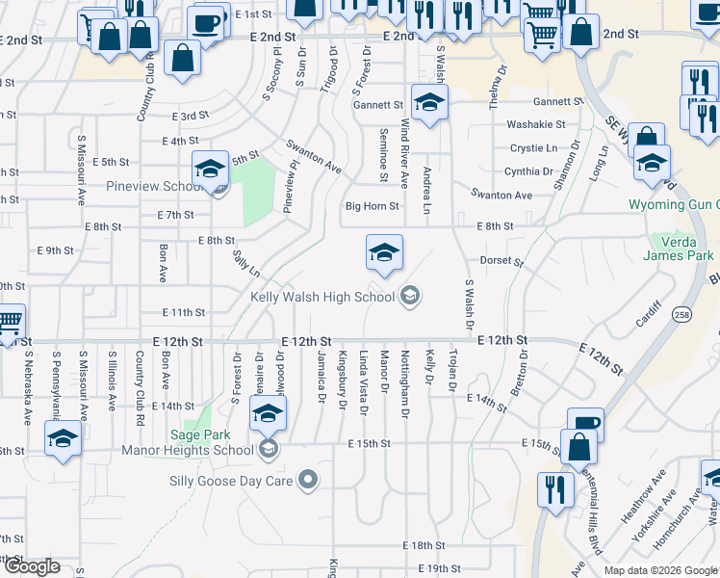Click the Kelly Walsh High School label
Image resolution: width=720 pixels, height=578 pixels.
(322, 297)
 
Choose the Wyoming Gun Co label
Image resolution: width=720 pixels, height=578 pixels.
(673, 205)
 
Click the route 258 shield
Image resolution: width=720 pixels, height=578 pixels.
(682, 316)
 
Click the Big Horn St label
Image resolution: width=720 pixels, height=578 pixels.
(372, 206)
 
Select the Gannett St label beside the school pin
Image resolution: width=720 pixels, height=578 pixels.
(377, 105)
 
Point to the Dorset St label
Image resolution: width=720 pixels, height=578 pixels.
(501, 261)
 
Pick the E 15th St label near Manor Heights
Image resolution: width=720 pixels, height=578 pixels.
(369, 444)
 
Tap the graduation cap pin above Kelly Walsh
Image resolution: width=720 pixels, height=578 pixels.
(384, 253)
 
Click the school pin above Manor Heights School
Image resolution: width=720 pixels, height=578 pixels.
(268, 414)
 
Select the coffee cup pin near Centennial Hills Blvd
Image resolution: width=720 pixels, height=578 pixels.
(585, 425)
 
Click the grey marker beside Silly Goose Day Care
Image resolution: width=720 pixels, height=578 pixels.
(308, 479)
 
